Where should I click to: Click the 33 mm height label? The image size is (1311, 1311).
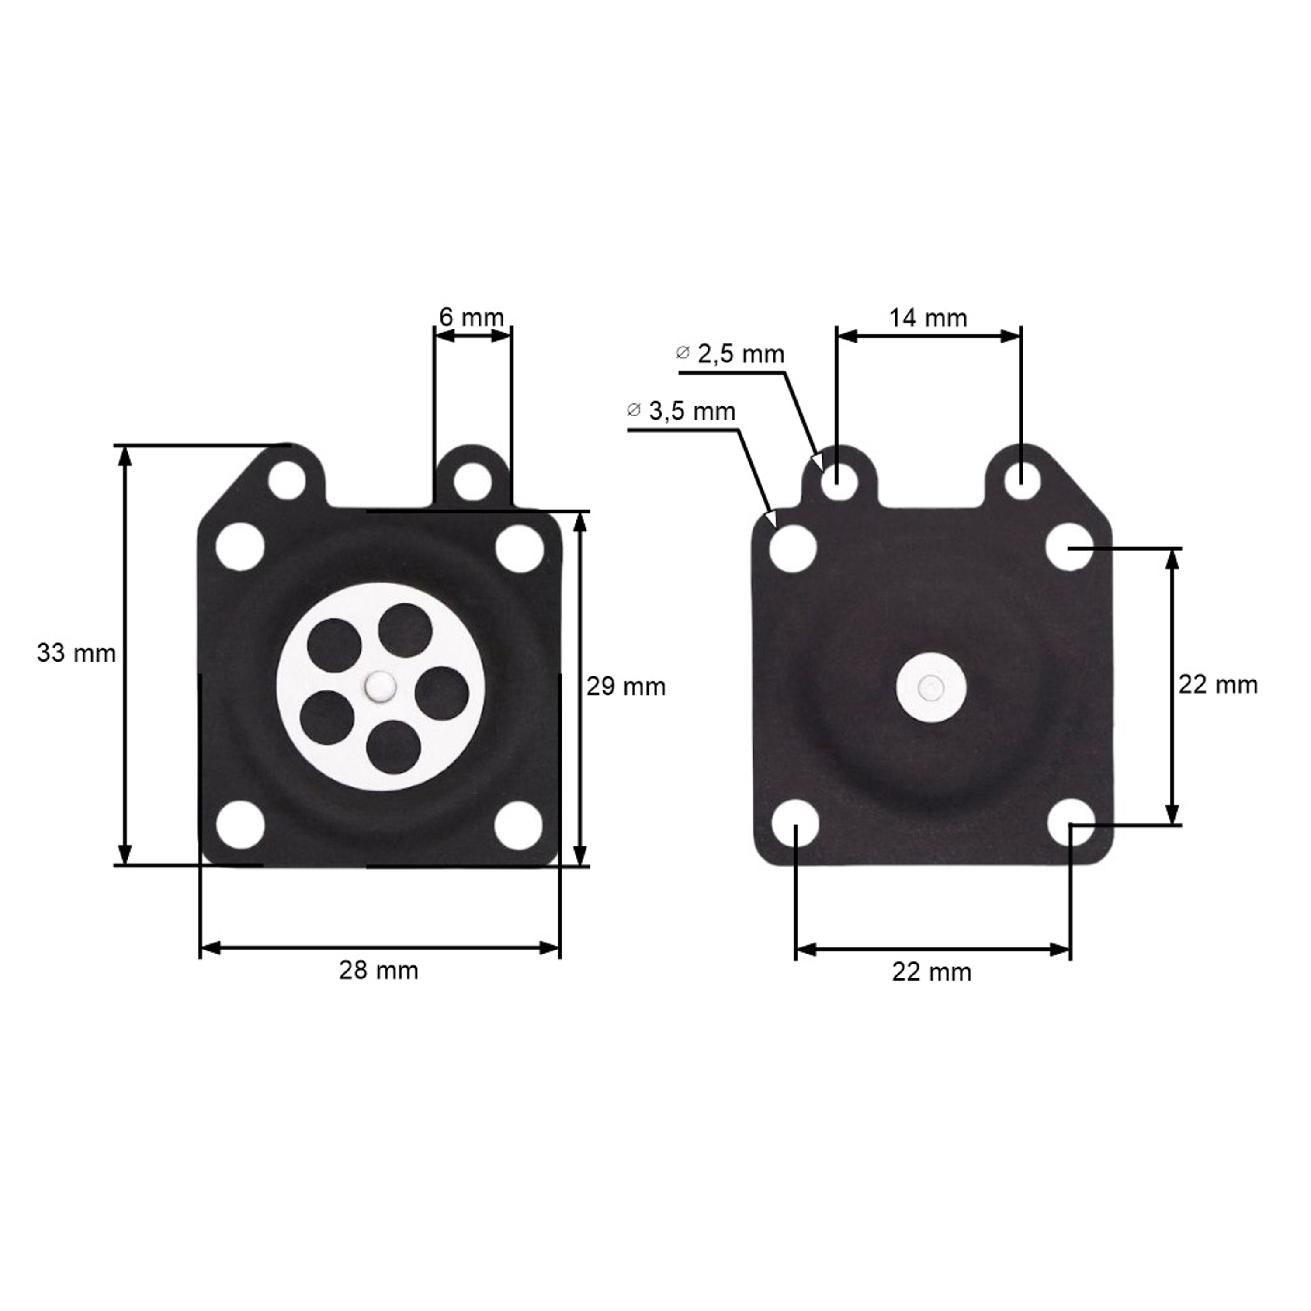[76, 653]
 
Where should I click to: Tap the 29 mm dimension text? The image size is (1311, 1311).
[626, 687]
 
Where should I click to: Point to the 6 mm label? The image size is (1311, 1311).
[472, 317]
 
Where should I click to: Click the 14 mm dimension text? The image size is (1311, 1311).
[928, 318]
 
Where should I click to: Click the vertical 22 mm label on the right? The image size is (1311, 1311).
[1218, 685]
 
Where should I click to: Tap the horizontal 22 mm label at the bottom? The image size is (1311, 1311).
[932, 972]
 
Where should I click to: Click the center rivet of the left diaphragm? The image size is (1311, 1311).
[380, 687]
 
